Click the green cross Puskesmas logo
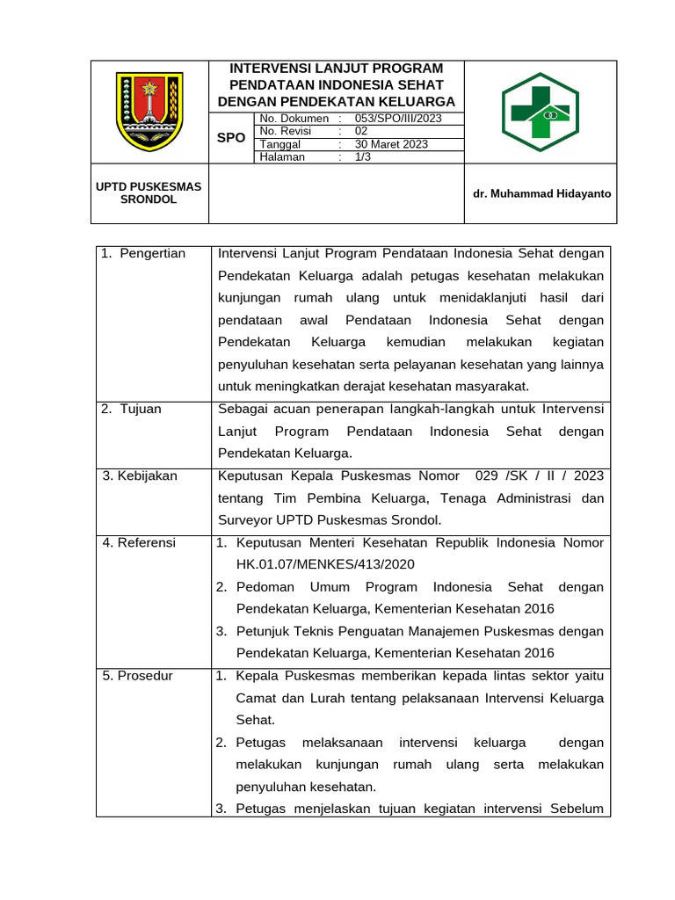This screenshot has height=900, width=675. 541,112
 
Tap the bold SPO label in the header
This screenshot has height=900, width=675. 231,138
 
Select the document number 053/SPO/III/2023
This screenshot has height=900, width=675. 398,119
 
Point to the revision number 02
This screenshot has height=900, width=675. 361,131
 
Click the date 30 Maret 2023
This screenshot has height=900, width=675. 391,144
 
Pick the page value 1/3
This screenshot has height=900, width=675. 362,157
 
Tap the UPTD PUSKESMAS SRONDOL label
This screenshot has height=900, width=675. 149,192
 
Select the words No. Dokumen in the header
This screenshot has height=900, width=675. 294,119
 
